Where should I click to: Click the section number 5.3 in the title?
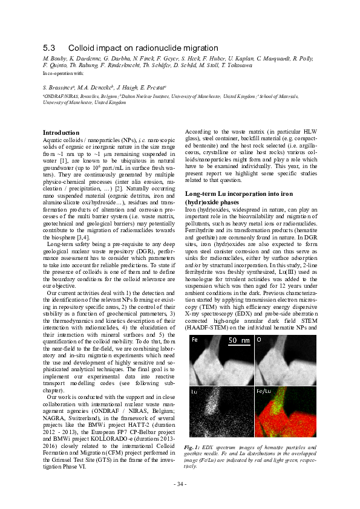[49, 47]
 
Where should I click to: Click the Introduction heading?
[61, 132]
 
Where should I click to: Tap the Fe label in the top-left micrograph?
[194, 339]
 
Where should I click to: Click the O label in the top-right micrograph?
[260, 339]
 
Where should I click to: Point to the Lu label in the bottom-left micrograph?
[194, 392]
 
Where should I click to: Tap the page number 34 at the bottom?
[180, 484]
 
